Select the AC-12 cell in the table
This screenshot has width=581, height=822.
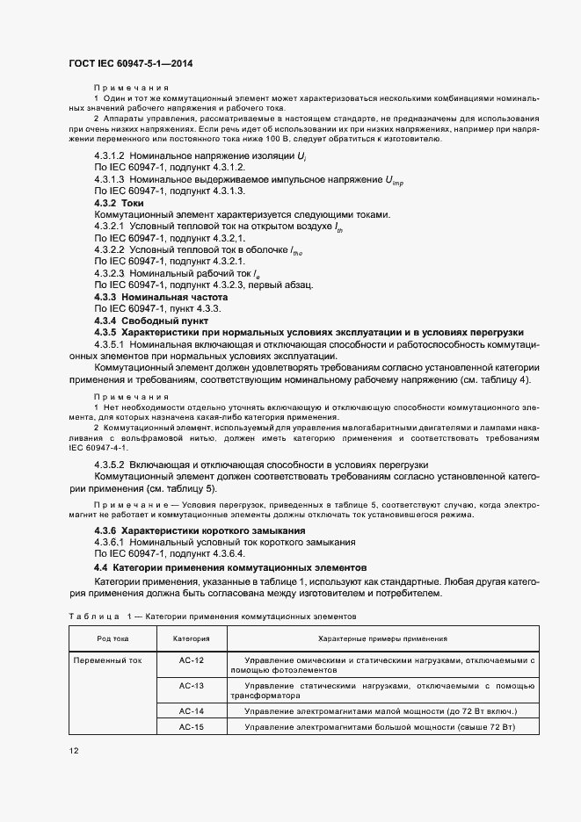point(191,660)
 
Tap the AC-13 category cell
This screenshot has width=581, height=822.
point(191,684)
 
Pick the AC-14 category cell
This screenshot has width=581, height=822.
point(191,710)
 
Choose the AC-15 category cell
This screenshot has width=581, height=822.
point(191,727)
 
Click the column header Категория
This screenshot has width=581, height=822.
point(191,638)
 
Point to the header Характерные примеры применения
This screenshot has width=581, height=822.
point(382,638)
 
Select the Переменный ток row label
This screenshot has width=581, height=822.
point(102,660)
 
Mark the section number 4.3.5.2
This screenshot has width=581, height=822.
point(111,463)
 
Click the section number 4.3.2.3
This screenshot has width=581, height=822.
point(111,273)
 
